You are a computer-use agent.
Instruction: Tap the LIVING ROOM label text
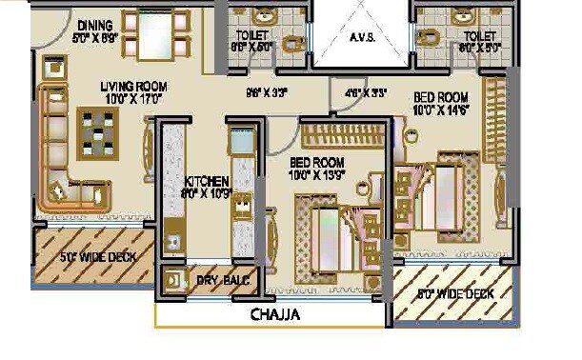133,85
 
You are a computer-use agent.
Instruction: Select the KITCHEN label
207,180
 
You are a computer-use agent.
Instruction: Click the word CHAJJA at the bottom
275,314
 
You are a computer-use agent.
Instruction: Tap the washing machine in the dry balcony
173,281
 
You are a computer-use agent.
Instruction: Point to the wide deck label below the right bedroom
456,294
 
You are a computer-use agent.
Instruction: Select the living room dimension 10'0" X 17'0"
133,97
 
